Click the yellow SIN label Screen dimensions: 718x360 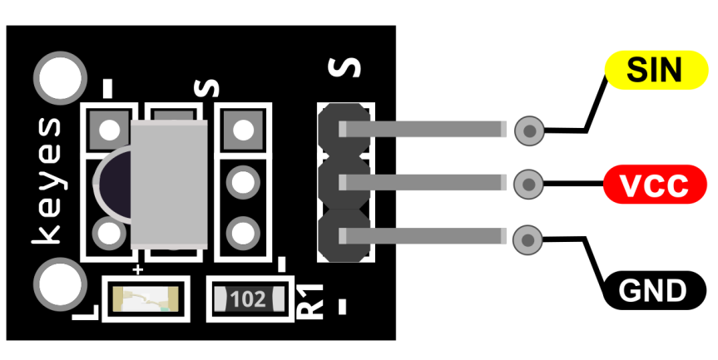656,70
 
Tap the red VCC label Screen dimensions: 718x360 655,185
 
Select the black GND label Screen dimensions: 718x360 653,290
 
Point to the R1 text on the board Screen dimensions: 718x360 310,302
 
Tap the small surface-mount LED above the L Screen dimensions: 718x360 146,299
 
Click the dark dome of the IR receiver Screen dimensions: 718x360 112,184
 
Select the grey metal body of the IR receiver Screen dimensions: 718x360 169,185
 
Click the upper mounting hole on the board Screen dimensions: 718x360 60,78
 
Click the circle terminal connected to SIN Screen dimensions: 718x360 529,131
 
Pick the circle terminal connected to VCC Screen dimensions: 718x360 528,185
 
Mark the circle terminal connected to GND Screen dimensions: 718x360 527,239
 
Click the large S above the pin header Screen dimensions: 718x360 344,67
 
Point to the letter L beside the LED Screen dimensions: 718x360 86,312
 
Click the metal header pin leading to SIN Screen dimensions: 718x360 423,129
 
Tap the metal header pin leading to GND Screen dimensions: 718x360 423,236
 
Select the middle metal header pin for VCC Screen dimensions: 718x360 423,183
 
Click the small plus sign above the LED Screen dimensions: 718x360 137,269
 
